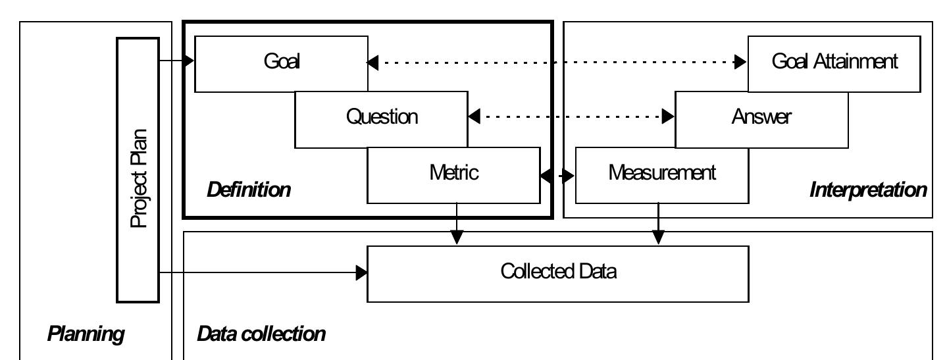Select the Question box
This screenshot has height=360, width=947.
pyautogui.click(x=381, y=117)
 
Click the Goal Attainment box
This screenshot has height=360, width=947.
pyautogui.click(x=834, y=63)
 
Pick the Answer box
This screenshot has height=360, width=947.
pyautogui.click(x=761, y=118)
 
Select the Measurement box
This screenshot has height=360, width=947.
pyautogui.click(x=661, y=174)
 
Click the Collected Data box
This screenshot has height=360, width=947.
pyautogui.click(x=558, y=272)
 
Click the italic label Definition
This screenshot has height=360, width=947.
pyautogui.click(x=248, y=191)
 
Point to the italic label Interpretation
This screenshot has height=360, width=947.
pyautogui.click(x=868, y=191)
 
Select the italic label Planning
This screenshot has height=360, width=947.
pyautogui.click(x=86, y=334)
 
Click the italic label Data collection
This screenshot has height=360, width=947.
pyautogui.click(x=261, y=334)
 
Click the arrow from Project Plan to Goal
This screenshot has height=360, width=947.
pyautogui.click(x=176, y=62)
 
